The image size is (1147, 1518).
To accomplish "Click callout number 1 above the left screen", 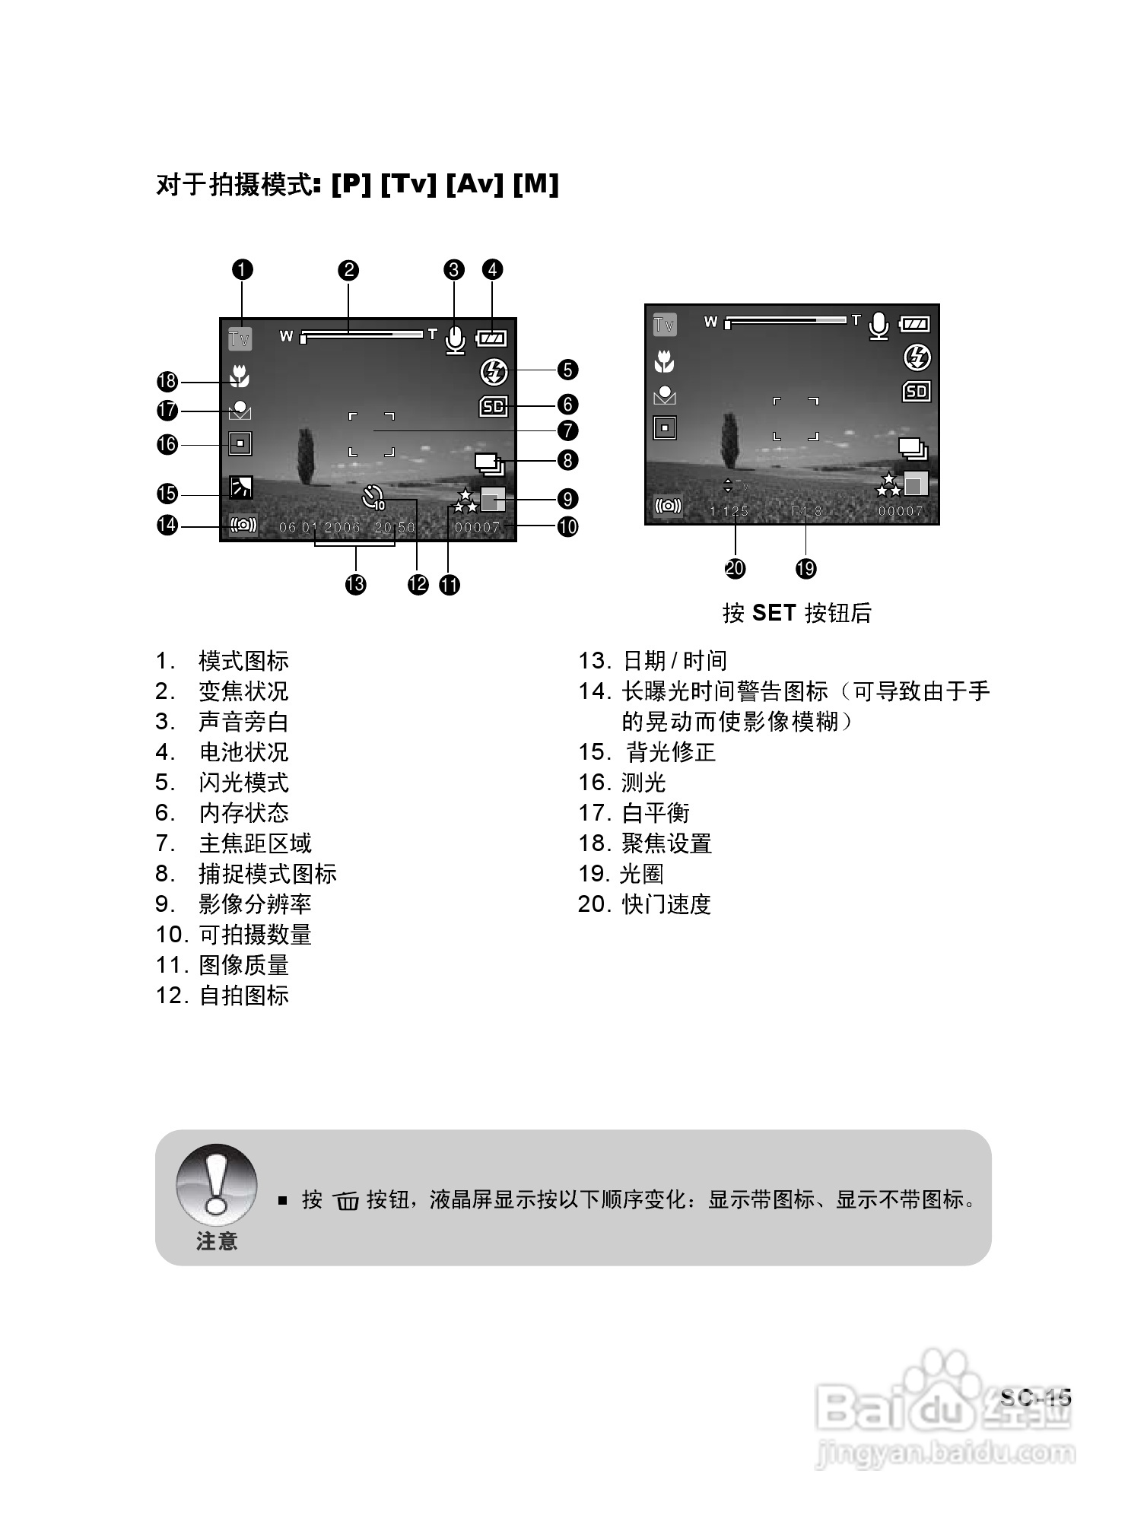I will tap(242, 270).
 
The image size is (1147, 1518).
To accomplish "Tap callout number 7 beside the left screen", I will tap(567, 430).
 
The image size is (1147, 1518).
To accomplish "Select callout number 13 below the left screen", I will tap(355, 584).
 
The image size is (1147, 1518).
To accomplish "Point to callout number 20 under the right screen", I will tap(736, 568).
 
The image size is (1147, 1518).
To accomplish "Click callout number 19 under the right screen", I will tap(805, 568).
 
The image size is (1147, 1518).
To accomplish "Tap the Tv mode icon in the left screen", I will tap(240, 338).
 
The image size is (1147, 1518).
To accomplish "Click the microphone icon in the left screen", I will tap(455, 340).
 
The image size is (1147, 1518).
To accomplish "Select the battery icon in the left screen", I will tap(491, 338).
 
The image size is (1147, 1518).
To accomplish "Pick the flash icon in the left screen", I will tap(494, 372).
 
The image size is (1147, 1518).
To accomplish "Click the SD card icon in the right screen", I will tap(916, 391).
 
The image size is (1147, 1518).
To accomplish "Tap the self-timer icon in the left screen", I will tap(373, 497).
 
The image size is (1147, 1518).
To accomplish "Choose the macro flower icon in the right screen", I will tap(664, 361).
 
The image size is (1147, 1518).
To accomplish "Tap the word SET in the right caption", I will tap(774, 613).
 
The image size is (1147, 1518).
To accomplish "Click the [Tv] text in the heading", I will tap(408, 184).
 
